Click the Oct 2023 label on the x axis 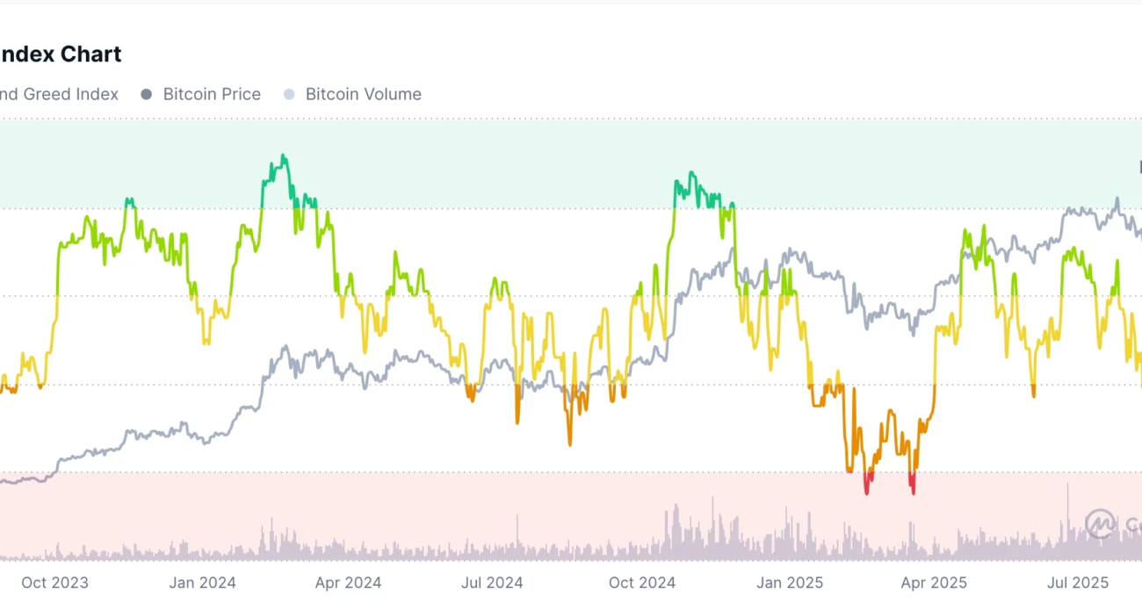[54, 582]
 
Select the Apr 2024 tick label [348, 582]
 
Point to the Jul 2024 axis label [492, 582]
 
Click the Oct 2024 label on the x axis [642, 582]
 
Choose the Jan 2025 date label [790, 582]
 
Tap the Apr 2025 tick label [934, 582]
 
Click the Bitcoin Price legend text [212, 94]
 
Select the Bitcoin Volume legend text [363, 94]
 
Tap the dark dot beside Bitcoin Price [147, 94]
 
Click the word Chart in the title [90, 54]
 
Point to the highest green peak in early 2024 [283, 156]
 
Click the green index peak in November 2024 [691, 173]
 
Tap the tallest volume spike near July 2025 [1068, 484]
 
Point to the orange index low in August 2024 [569, 444]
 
